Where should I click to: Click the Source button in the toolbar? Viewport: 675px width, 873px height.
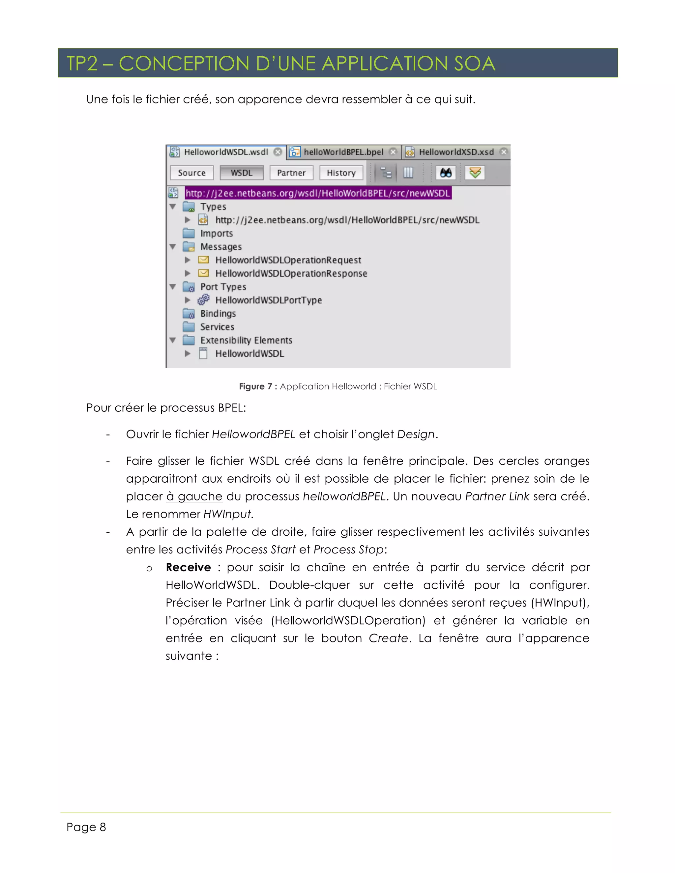pyautogui.click(x=191, y=173)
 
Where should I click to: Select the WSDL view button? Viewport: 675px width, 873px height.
pyautogui.click(x=242, y=173)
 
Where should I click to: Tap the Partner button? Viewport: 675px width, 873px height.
pyautogui.click(x=291, y=173)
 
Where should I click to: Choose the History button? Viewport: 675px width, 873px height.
pyautogui.click(x=341, y=173)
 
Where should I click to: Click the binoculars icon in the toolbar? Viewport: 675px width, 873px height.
pyautogui.click(x=446, y=173)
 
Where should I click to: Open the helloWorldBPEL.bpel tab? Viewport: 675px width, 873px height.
pyautogui.click(x=343, y=152)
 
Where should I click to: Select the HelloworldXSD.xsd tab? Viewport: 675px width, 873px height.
pyautogui.click(x=456, y=152)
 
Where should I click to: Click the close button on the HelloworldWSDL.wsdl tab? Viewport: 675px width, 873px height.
pyautogui.click(x=278, y=152)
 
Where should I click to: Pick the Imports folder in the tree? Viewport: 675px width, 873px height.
pyautogui.click(x=216, y=234)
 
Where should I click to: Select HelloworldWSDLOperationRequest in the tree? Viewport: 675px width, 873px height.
pyautogui.click(x=288, y=260)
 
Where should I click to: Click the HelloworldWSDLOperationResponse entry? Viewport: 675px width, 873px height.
pyautogui.click(x=291, y=273)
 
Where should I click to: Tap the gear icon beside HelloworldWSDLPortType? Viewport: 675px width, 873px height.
pyautogui.click(x=204, y=300)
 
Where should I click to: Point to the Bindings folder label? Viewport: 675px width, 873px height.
pyautogui.click(x=218, y=313)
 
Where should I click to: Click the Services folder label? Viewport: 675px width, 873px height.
pyautogui.click(x=217, y=327)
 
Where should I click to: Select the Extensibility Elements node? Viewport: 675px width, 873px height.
pyautogui.click(x=246, y=340)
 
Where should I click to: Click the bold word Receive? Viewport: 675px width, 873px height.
pyautogui.click(x=188, y=567)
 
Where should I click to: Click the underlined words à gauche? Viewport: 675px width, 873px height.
pyautogui.click(x=194, y=496)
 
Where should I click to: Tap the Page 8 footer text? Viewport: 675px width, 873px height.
pyautogui.click(x=86, y=827)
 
